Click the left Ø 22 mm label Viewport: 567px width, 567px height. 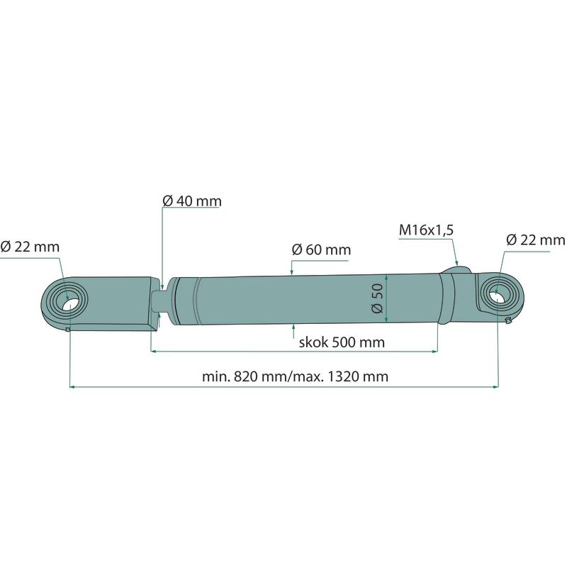pos(30,247)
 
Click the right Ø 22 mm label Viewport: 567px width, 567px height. pos(536,240)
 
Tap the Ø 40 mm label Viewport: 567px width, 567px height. pos(192,201)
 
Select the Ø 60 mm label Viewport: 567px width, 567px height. pos(321,250)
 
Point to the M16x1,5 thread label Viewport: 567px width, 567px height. pos(426,230)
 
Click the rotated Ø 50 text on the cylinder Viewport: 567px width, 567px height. pos(377,298)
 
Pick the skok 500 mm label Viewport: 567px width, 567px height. pos(342,342)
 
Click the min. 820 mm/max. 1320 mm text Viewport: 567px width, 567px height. pos(295,377)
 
